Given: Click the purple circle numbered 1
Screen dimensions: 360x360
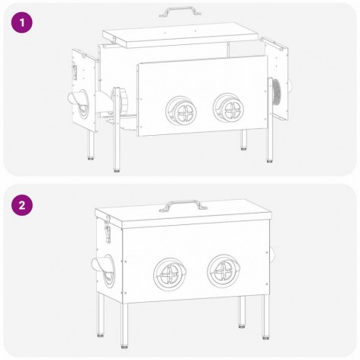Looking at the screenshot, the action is (22, 23).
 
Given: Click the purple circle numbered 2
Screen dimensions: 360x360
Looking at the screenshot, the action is (22, 205).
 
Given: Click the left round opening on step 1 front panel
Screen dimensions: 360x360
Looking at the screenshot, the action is (182, 111).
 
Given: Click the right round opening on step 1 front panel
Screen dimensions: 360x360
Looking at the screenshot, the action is (229, 108).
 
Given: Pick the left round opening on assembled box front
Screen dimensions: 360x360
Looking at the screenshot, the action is (169, 274).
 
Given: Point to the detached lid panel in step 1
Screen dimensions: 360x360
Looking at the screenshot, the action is (181, 34).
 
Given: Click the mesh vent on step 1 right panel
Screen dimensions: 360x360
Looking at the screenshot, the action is (277, 92).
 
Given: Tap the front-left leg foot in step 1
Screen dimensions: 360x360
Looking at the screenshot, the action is (117, 170).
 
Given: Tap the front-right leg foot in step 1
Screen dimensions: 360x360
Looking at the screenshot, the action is (269, 160).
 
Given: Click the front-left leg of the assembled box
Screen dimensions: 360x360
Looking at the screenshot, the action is (124, 325).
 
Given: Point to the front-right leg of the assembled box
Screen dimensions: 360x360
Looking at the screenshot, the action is (265, 317).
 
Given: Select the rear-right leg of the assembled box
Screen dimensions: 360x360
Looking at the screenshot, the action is (242, 312).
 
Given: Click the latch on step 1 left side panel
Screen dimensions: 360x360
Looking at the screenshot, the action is (75, 71).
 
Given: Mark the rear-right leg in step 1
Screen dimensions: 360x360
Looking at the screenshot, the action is (244, 140).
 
